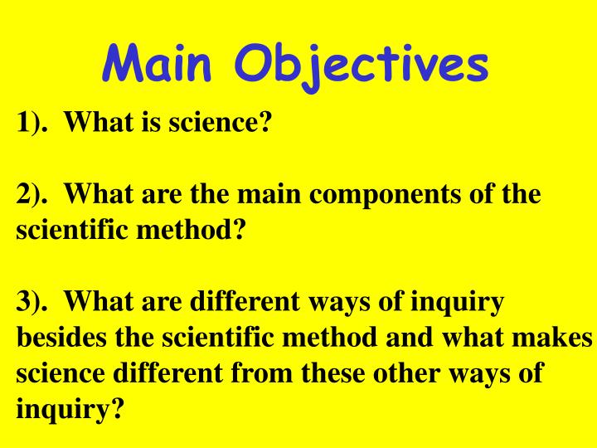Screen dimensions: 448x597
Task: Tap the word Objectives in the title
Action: pos(362,63)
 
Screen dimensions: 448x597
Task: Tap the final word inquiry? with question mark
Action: pos(69,409)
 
